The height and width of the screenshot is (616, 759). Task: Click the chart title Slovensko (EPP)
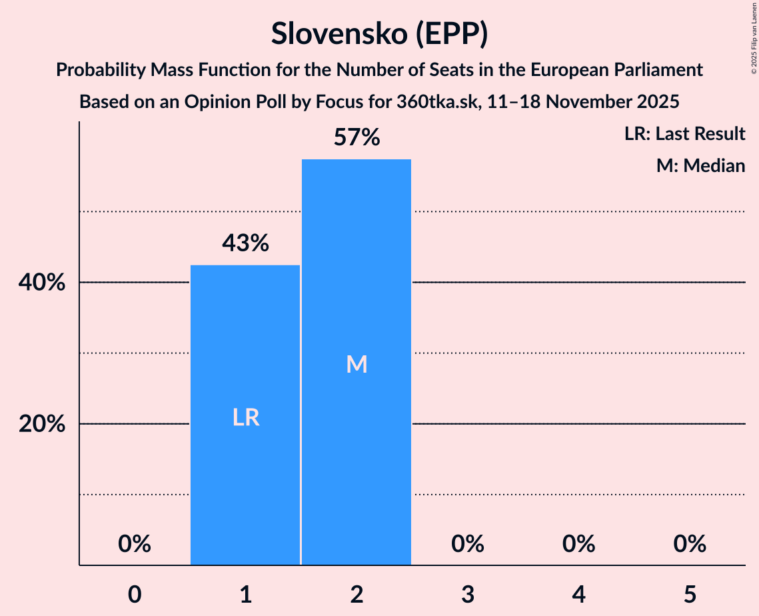tap(379, 33)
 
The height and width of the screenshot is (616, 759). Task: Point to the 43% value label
tap(245, 243)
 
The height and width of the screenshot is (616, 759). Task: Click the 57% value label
tap(357, 138)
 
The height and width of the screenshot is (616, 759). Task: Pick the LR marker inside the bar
tap(245, 417)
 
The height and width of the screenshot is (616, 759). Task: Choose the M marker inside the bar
tap(357, 364)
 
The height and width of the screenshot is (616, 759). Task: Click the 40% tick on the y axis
tap(42, 283)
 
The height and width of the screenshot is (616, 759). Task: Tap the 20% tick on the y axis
tap(42, 424)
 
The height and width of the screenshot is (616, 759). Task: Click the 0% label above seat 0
tap(135, 544)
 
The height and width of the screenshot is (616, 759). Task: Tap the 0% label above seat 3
tap(467, 544)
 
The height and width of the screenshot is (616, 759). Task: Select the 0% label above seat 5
tap(689, 544)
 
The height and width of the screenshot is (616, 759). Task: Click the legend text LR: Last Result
tap(684, 134)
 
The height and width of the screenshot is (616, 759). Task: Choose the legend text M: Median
tap(700, 165)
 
